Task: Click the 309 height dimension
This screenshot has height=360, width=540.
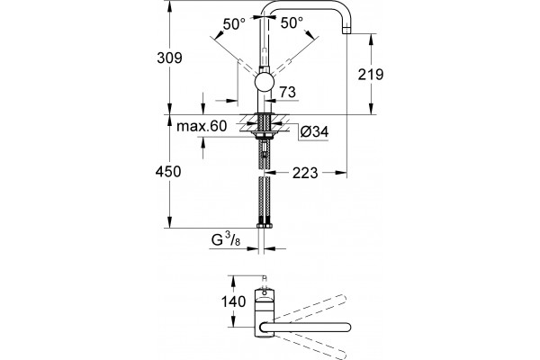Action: click(169, 58)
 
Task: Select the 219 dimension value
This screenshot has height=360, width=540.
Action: click(371, 74)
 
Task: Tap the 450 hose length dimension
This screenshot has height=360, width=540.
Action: click(168, 171)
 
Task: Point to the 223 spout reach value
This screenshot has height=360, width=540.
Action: click(305, 173)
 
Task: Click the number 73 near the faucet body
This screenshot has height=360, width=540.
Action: click(288, 92)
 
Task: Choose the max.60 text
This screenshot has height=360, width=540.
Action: click(202, 126)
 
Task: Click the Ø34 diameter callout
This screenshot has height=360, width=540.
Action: click(314, 131)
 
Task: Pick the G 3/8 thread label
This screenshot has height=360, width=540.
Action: click(226, 239)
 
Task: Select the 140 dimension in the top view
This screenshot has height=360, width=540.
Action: click(233, 301)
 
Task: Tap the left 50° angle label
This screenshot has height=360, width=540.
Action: click(234, 23)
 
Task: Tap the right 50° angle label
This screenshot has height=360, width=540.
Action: click(292, 23)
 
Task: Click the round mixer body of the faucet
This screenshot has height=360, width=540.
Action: click(264, 83)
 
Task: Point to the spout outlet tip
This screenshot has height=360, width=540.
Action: click(346, 31)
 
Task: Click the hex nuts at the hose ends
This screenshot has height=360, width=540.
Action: click(264, 226)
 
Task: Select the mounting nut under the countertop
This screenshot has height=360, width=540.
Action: click(264, 135)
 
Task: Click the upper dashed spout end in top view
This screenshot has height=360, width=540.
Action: click(341, 300)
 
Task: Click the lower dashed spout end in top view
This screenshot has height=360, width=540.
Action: click(341, 355)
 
